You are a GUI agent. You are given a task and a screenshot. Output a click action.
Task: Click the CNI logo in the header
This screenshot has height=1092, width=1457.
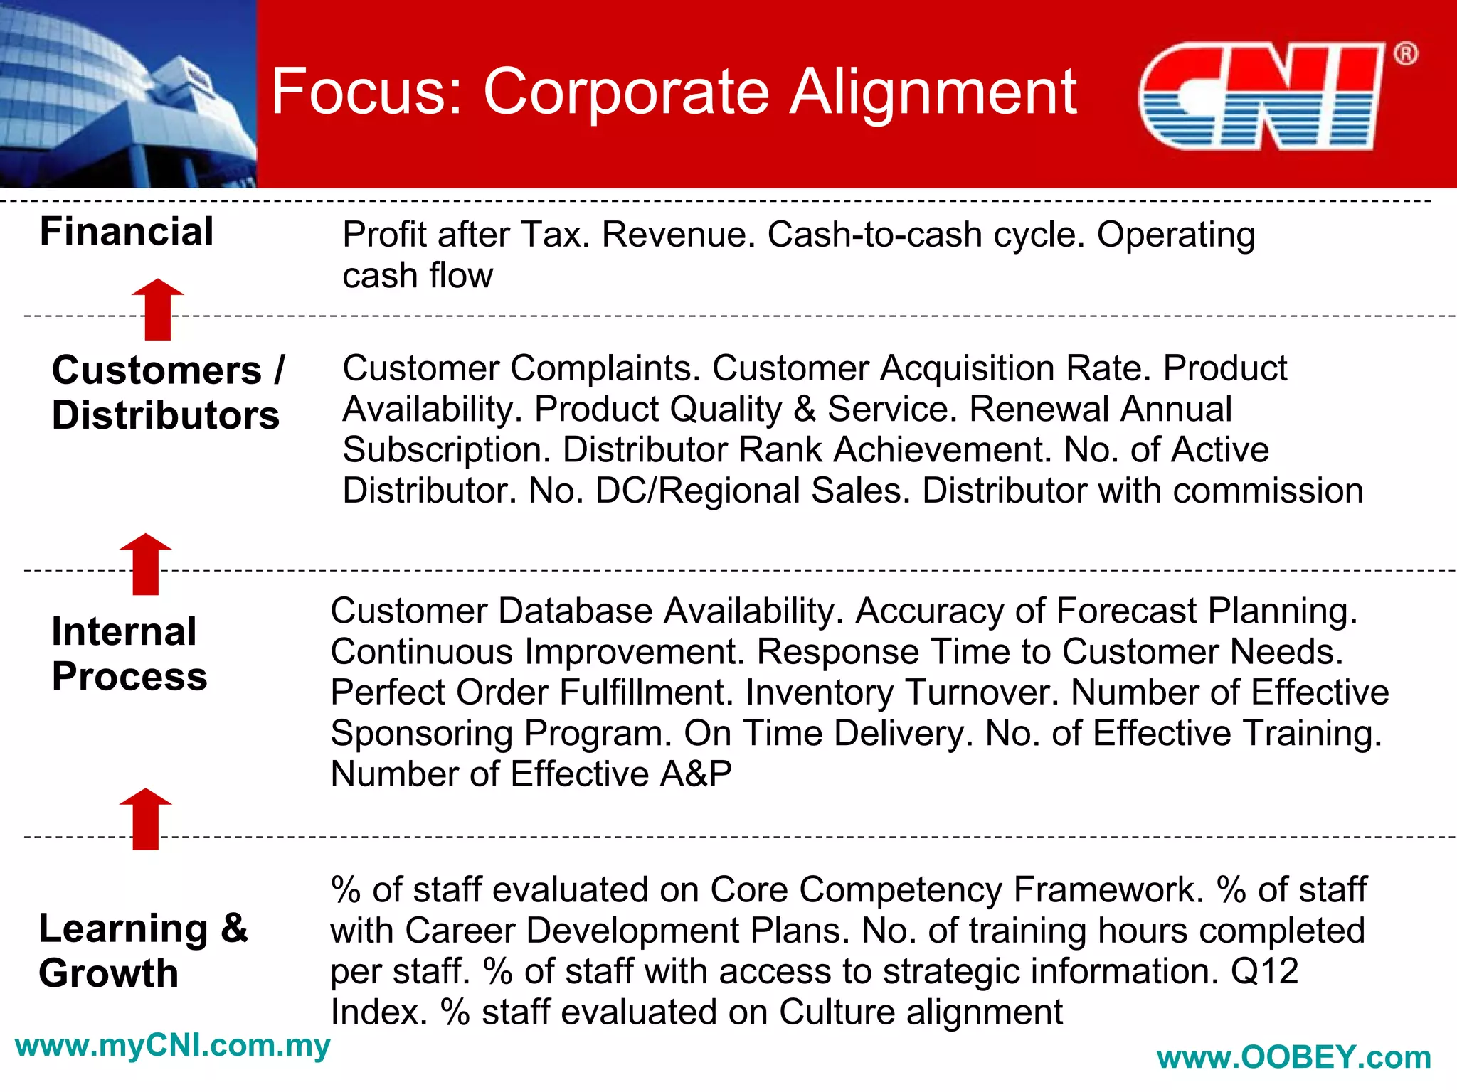1261,96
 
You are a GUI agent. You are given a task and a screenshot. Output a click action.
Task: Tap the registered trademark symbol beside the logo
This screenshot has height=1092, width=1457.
1405,54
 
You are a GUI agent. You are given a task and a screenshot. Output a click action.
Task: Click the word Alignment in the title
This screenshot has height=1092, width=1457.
933,92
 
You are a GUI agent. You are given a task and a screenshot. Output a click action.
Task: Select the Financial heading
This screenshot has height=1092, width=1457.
127,232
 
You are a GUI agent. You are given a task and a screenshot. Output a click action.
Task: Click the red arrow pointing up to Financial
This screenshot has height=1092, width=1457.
158,310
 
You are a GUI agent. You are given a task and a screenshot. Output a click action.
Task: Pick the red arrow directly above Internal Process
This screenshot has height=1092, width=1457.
146,564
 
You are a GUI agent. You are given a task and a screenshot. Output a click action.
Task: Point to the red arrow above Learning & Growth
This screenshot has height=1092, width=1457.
146,819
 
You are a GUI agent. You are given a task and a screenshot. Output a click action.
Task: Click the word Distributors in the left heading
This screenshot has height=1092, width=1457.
166,415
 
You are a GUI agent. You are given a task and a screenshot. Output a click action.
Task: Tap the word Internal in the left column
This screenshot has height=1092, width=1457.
124,631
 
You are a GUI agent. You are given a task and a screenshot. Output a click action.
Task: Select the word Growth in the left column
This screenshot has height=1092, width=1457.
108,973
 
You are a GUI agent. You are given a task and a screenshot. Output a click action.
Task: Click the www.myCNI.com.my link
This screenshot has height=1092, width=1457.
172,1046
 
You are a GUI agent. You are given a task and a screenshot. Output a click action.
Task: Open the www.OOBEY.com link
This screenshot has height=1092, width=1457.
1293,1058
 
